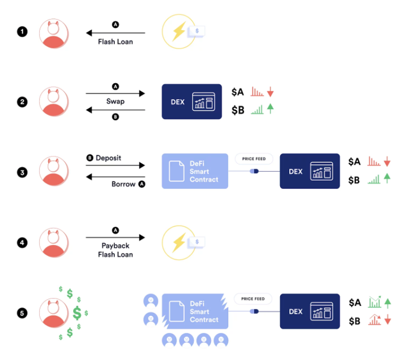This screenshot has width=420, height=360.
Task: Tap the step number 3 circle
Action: tap(22, 172)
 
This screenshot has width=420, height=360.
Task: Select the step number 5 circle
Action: tap(22, 313)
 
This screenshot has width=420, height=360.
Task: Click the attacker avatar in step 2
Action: tap(53, 101)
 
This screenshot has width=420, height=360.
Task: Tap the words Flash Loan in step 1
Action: tap(115, 41)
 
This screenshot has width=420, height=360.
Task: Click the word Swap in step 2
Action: tap(115, 101)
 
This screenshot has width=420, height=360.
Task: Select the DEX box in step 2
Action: tap(192, 101)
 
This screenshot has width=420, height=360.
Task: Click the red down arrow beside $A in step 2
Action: tap(270, 92)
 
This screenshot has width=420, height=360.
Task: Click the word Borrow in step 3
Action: tap(124, 184)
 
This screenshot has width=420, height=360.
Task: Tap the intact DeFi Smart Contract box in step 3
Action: tap(194, 171)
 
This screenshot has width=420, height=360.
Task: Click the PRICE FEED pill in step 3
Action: tap(254, 159)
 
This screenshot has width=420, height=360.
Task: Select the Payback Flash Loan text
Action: tap(115, 250)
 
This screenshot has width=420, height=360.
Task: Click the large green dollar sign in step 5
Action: tap(77, 313)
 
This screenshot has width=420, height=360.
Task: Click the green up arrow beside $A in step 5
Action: tap(387, 303)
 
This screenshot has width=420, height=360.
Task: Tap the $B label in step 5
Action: tap(354, 320)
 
